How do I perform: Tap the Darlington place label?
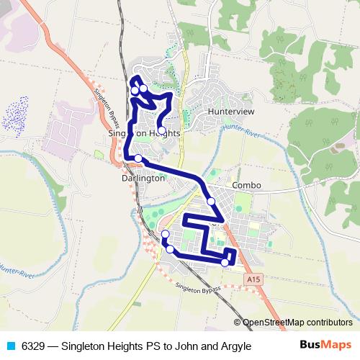click(143, 178)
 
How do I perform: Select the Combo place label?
click(246, 185)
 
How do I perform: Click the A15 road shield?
click(252, 278)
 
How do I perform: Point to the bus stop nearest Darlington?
click(138, 158)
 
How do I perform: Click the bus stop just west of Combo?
click(212, 201)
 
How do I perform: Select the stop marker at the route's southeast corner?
click(225, 262)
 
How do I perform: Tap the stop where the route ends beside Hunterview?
click(161, 131)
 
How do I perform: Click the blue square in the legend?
click(9, 346)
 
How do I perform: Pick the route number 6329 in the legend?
click(32, 346)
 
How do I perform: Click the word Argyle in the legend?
click(234, 346)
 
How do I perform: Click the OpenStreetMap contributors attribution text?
click(297, 323)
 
